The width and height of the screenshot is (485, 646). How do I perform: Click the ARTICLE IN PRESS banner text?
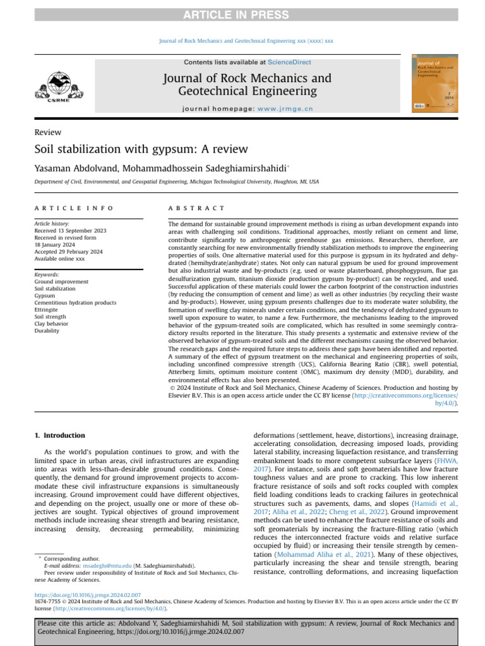pyautogui.click(x=242, y=15)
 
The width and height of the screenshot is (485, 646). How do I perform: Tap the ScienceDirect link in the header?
pyautogui.click(x=289, y=62)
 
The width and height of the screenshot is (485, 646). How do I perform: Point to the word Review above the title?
pyautogui.click(x=48, y=132)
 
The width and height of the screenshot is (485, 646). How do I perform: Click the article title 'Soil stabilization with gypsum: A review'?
pyautogui.click(x=141, y=150)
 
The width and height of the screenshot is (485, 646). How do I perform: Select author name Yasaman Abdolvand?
pyautogui.click(x=76, y=168)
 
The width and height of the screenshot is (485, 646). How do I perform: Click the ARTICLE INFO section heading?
pyautogui.click(x=74, y=208)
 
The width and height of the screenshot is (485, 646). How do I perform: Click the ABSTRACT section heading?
pyautogui.click(x=196, y=208)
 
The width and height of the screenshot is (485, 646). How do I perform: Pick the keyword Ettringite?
pyautogui.click(x=48, y=310)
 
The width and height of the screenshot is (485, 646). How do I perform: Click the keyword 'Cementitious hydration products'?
pyautogui.click(x=75, y=303)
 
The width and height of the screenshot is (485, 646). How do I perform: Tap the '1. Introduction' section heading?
pyautogui.click(x=59, y=435)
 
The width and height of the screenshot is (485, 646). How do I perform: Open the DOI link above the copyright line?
pyautogui.click(x=88, y=595)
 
